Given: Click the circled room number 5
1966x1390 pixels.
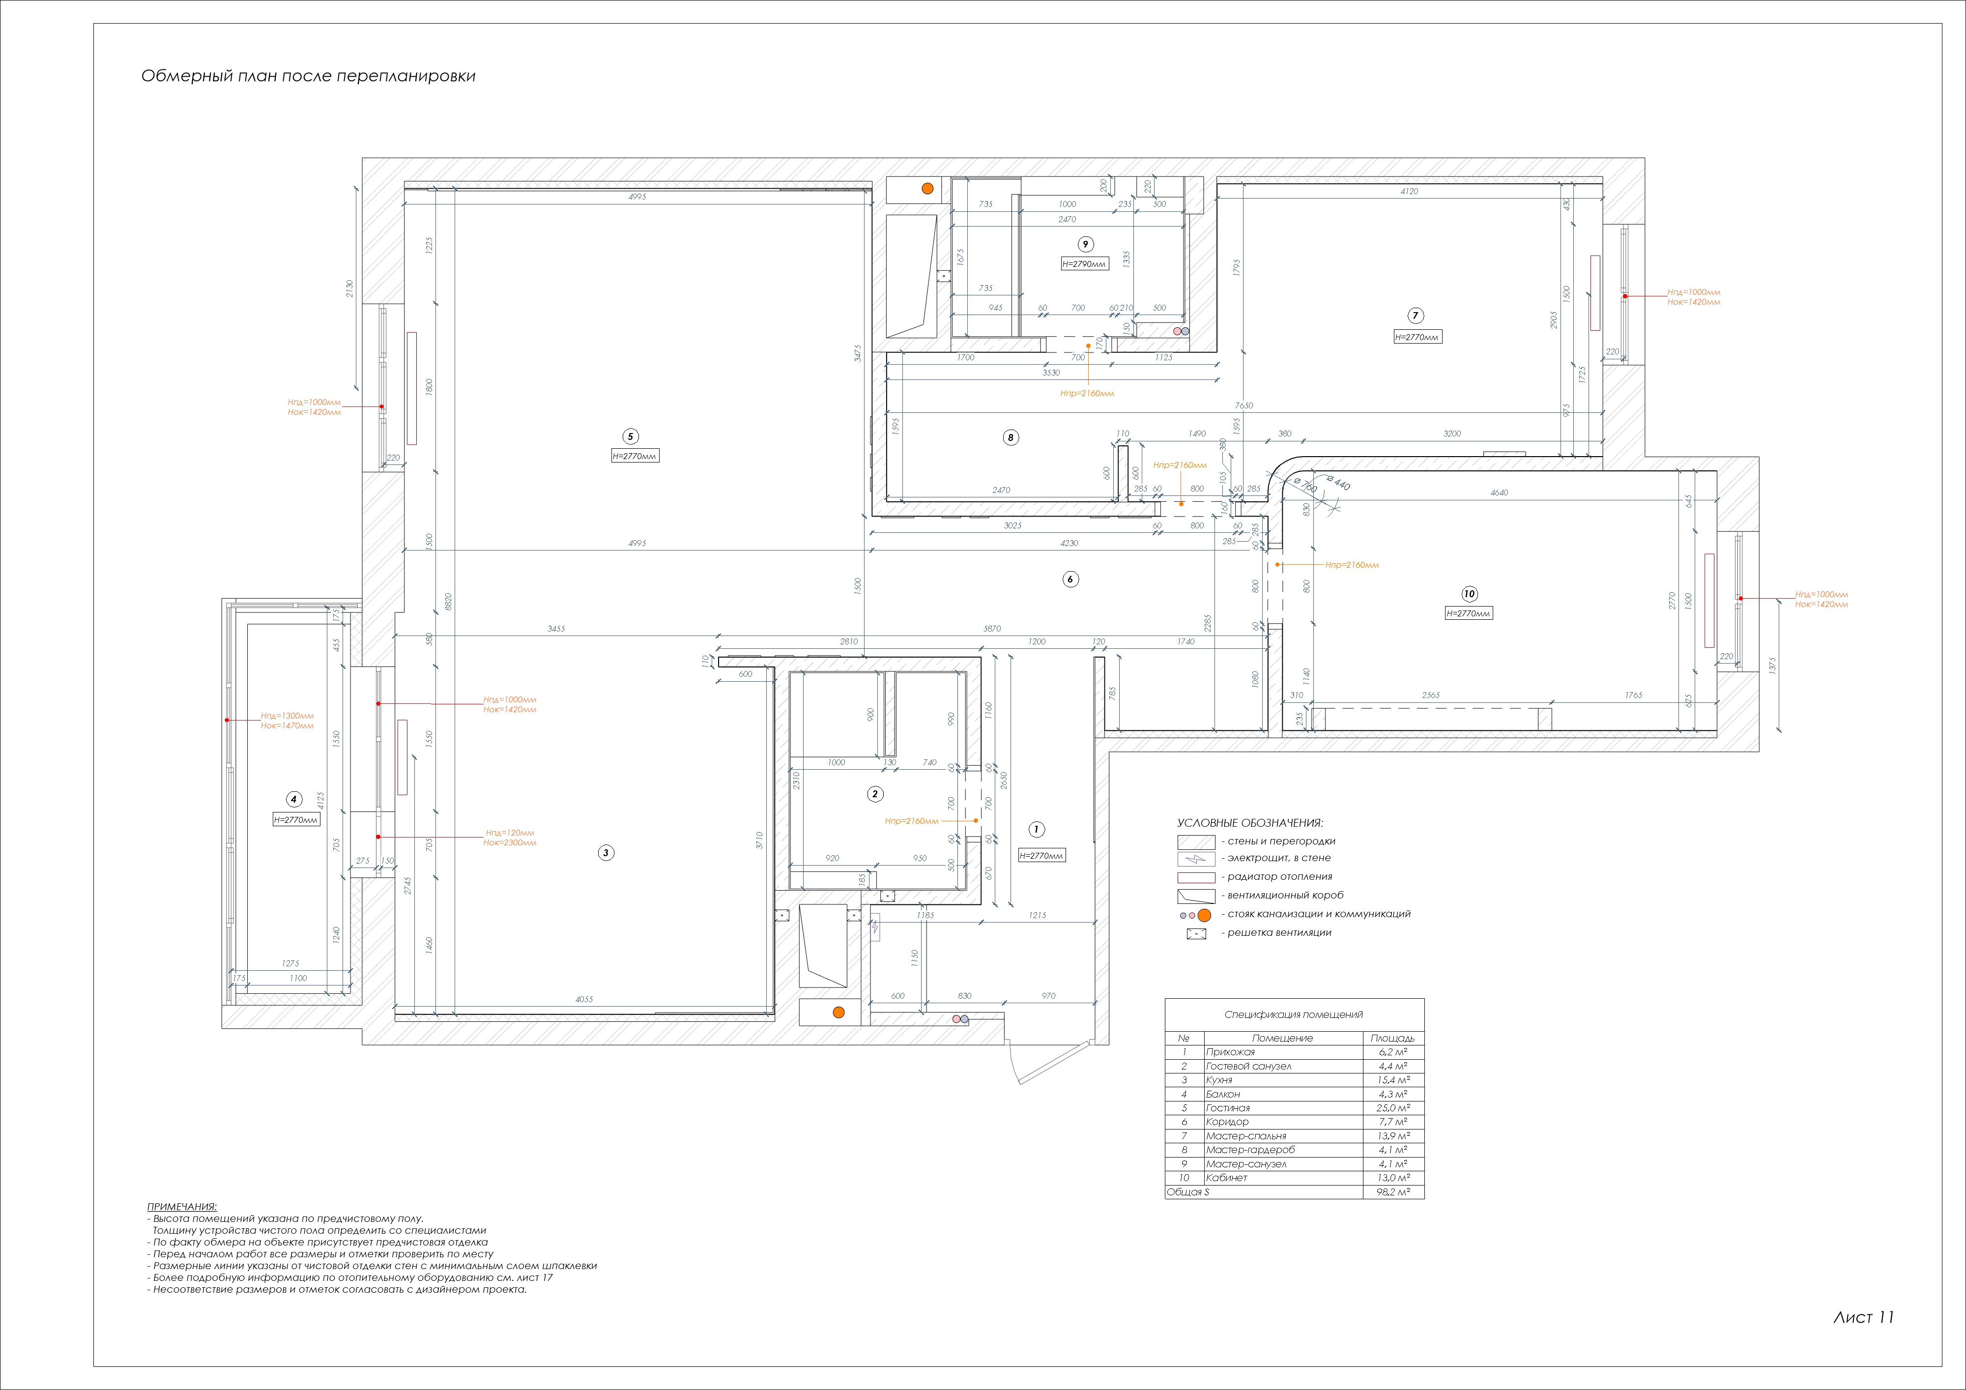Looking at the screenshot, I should [x=630, y=437].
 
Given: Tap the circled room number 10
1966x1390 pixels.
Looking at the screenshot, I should [x=1470, y=594].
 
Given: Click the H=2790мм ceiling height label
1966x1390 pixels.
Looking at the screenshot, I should [x=1084, y=264].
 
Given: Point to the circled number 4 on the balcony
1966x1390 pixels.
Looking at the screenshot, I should [x=294, y=799].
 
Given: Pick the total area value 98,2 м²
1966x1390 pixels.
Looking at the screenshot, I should [x=1392, y=1192].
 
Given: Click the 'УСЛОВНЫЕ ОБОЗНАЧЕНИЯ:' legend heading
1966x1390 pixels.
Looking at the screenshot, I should [x=1249, y=823].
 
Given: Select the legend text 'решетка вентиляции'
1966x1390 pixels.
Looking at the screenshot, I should [x=1279, y=933].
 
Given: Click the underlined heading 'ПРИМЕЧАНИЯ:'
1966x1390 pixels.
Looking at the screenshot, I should [x=182, y=1207].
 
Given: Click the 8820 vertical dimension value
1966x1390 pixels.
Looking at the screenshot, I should [x=448, y=601].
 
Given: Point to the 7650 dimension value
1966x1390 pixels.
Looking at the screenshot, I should [x=1243, y=405].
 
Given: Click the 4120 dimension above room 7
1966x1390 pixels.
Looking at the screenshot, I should [x=1409, y=191].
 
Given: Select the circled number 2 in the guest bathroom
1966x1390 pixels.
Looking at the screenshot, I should [x=874, y=794].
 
